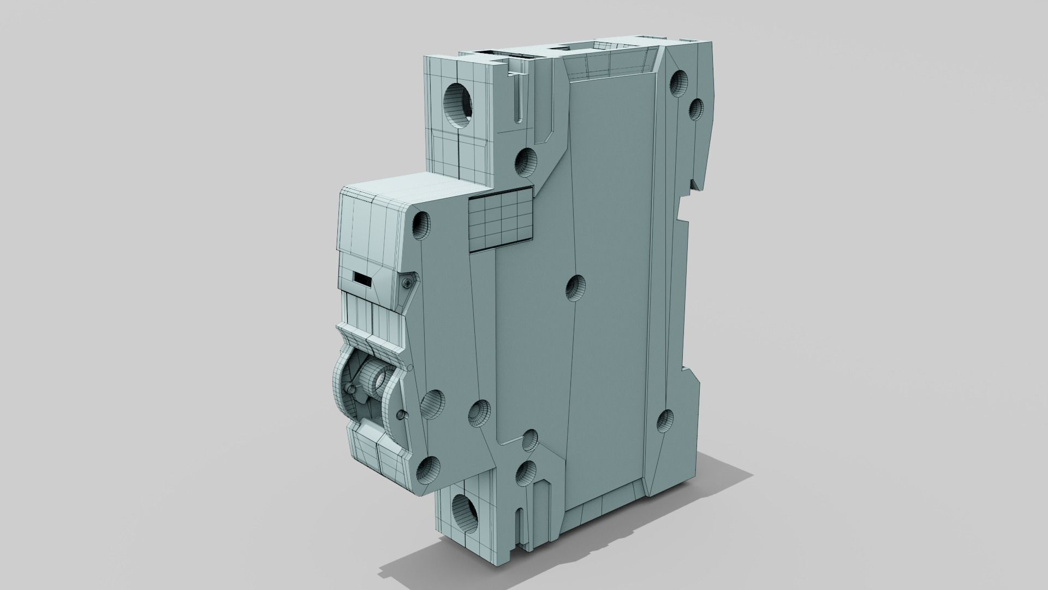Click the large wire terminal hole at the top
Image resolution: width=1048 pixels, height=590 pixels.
click(x=457, y=102)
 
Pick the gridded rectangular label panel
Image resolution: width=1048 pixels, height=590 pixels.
click(x=501, y=218)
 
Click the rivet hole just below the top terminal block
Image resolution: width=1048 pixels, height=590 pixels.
click(x=526, y=160)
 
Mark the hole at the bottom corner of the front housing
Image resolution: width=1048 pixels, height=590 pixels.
click(x=428, y=468)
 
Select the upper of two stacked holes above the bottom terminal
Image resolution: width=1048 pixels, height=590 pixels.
click(x=529, y=440)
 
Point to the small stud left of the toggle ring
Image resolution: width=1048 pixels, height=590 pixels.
click(x=350, y=389)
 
